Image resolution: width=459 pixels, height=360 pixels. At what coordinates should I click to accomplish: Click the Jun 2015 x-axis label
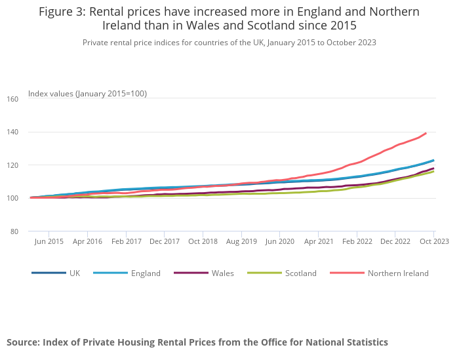49,241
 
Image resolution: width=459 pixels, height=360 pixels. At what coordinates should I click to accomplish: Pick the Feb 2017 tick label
126,241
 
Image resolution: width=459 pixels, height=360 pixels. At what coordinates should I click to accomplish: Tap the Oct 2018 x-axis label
203,241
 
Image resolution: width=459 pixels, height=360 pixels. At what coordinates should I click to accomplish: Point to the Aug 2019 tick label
241,241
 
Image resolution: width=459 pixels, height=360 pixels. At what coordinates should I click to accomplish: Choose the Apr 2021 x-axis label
318,241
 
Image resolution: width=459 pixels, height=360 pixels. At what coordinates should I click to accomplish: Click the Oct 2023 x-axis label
434,241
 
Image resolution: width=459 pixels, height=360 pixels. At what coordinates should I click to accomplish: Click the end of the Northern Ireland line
426,133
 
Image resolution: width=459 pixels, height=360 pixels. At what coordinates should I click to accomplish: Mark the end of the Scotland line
433,171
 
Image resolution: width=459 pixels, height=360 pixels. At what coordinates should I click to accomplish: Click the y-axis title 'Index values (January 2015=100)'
87,94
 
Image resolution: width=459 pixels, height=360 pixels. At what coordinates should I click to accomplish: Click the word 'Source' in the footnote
23,342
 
